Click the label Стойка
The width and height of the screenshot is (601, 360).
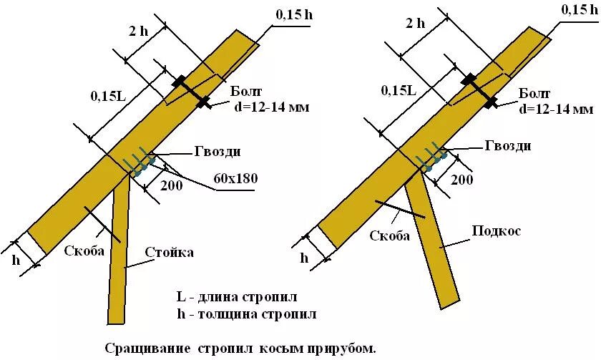170,252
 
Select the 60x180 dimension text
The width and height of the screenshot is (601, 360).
235,177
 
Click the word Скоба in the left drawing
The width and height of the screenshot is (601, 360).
84,250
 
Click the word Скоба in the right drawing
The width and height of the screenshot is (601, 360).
390,235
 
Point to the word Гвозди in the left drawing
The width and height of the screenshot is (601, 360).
217,152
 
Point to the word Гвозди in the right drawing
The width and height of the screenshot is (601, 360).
507,145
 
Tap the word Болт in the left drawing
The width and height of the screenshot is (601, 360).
247,91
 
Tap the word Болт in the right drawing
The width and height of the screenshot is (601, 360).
536,93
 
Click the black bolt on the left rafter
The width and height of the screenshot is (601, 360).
190,92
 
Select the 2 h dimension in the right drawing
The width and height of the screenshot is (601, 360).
415,22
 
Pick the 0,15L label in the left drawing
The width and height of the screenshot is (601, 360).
108,95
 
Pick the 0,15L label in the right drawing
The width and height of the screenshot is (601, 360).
399,90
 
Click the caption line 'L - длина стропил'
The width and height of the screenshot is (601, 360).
237,296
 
